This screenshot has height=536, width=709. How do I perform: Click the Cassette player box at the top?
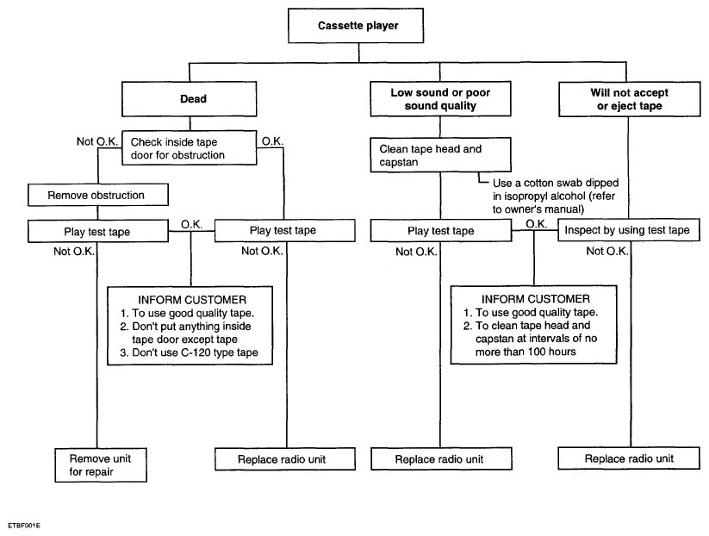356,26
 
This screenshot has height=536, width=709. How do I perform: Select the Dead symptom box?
189,99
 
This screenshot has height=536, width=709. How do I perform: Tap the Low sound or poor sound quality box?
440,99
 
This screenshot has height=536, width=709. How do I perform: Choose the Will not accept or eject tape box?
630,99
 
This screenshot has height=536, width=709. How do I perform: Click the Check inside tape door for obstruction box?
189,148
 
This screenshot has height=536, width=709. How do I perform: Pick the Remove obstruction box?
98,195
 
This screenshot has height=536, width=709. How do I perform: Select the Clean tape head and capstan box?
440,155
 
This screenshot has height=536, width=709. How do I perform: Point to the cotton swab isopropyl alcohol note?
556,196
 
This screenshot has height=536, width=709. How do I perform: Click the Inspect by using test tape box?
629,230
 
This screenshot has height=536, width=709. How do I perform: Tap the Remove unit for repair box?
101,465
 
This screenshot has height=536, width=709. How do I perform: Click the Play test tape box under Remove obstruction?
98,231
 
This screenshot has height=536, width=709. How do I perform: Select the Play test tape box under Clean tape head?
441,231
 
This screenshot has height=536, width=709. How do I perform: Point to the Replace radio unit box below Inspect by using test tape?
629,458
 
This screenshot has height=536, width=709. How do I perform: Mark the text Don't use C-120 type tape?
189,352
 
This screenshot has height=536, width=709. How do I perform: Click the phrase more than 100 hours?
526,352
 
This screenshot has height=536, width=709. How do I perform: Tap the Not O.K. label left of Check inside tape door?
97,141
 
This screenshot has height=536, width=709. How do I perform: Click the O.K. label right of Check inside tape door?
272,141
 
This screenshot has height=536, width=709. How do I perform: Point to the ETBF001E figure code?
24,526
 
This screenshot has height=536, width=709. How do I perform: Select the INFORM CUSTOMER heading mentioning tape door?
192,300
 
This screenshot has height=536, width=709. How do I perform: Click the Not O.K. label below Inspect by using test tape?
607,251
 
